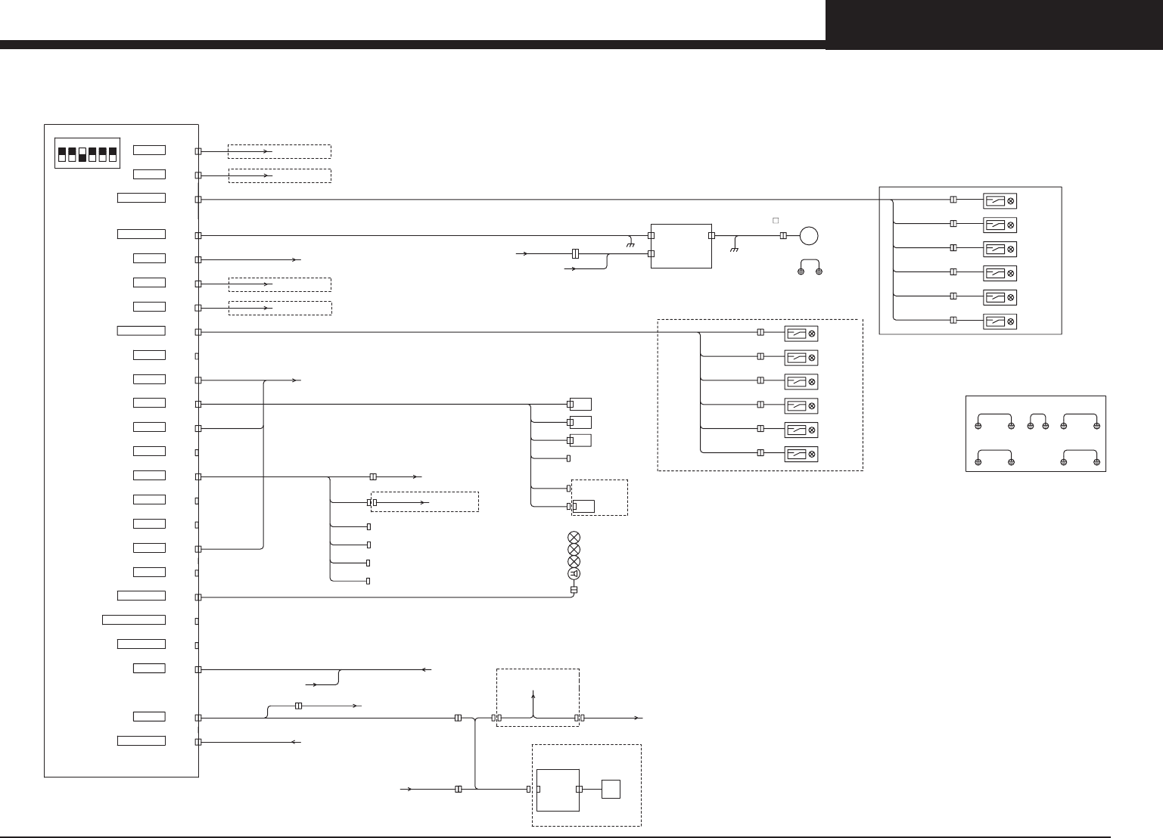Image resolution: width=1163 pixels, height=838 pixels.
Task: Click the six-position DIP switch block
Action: (x=88, y=154)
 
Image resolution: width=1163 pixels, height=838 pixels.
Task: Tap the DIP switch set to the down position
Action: (x=83, y=155)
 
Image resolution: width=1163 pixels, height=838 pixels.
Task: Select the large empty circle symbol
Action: (x=809, y=235)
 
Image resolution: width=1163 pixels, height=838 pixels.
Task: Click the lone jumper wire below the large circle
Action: (x=810, y=266)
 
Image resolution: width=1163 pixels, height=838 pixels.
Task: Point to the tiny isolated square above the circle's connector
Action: (x=775, y=221)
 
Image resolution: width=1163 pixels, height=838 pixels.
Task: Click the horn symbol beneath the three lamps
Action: (x=574, y=574)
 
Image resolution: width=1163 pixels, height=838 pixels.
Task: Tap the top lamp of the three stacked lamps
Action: (x=574, y=538)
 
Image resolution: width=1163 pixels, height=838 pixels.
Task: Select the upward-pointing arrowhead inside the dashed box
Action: (x=533, y=693)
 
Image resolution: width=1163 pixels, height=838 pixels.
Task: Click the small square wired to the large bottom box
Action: (x=611, y=790)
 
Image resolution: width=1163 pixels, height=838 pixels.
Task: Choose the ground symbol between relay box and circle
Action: (x=734, y=249)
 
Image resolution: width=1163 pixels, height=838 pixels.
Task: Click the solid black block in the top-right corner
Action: (x=994, y=24)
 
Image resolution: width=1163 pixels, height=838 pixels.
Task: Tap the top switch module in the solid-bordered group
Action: (x=1000, y=200)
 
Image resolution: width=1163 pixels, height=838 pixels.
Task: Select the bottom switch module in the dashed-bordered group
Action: (x=801, y=455)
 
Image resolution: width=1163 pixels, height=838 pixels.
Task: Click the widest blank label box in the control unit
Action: (x=134, y=620)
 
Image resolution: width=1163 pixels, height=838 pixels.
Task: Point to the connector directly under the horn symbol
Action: (x=574, y=590)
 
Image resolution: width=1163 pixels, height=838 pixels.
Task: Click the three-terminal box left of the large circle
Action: (x=681, y=245)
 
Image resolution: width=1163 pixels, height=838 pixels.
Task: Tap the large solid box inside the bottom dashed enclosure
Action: (x=558, y=790)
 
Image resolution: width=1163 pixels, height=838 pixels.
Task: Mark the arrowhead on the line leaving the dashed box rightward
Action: (x=639, y=718)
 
